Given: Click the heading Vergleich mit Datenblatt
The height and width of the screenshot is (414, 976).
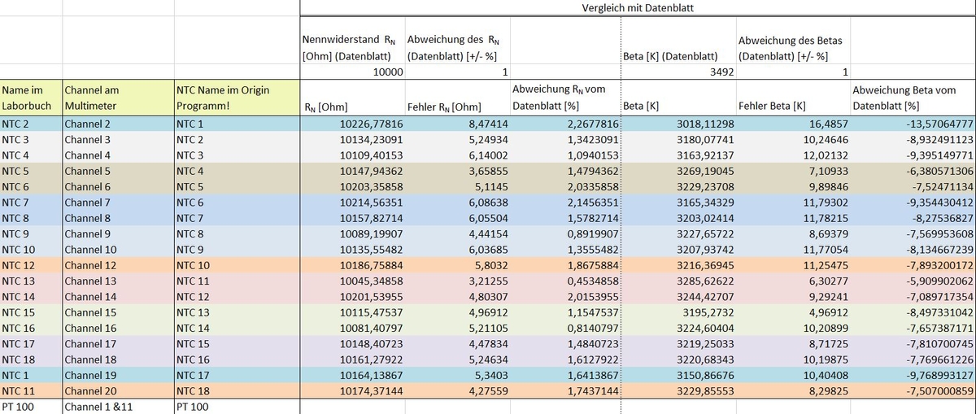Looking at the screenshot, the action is tap(638, 8).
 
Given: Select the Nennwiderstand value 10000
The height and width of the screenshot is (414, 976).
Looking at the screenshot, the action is tap(388, 72).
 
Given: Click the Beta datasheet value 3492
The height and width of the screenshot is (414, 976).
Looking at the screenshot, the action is tap(722, 72).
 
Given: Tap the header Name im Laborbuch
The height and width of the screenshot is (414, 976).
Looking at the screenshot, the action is tap(27, 98).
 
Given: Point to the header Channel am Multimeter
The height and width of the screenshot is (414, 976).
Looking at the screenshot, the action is tap(91, 98).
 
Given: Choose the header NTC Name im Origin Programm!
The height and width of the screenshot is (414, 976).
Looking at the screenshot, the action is tap(223, 98).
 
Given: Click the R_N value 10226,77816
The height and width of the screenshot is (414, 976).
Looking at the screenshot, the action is tap(371, 124).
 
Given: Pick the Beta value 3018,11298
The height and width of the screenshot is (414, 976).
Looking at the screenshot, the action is tap(705, 124).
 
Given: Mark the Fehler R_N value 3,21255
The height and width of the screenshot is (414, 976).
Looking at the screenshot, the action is tap(489, 281).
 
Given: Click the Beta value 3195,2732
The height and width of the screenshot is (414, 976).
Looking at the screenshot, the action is tap(708, 312).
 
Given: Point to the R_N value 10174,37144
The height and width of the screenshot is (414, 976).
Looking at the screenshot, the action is tap(371, 391).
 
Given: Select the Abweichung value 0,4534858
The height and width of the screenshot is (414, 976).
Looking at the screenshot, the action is tap(593, 281).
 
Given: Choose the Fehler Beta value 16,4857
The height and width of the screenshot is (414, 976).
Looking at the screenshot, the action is tap(829, 124).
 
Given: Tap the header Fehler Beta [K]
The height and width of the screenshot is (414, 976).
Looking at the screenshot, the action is tap(772, 106).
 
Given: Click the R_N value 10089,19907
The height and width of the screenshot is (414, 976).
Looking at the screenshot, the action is tap(371, 234).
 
